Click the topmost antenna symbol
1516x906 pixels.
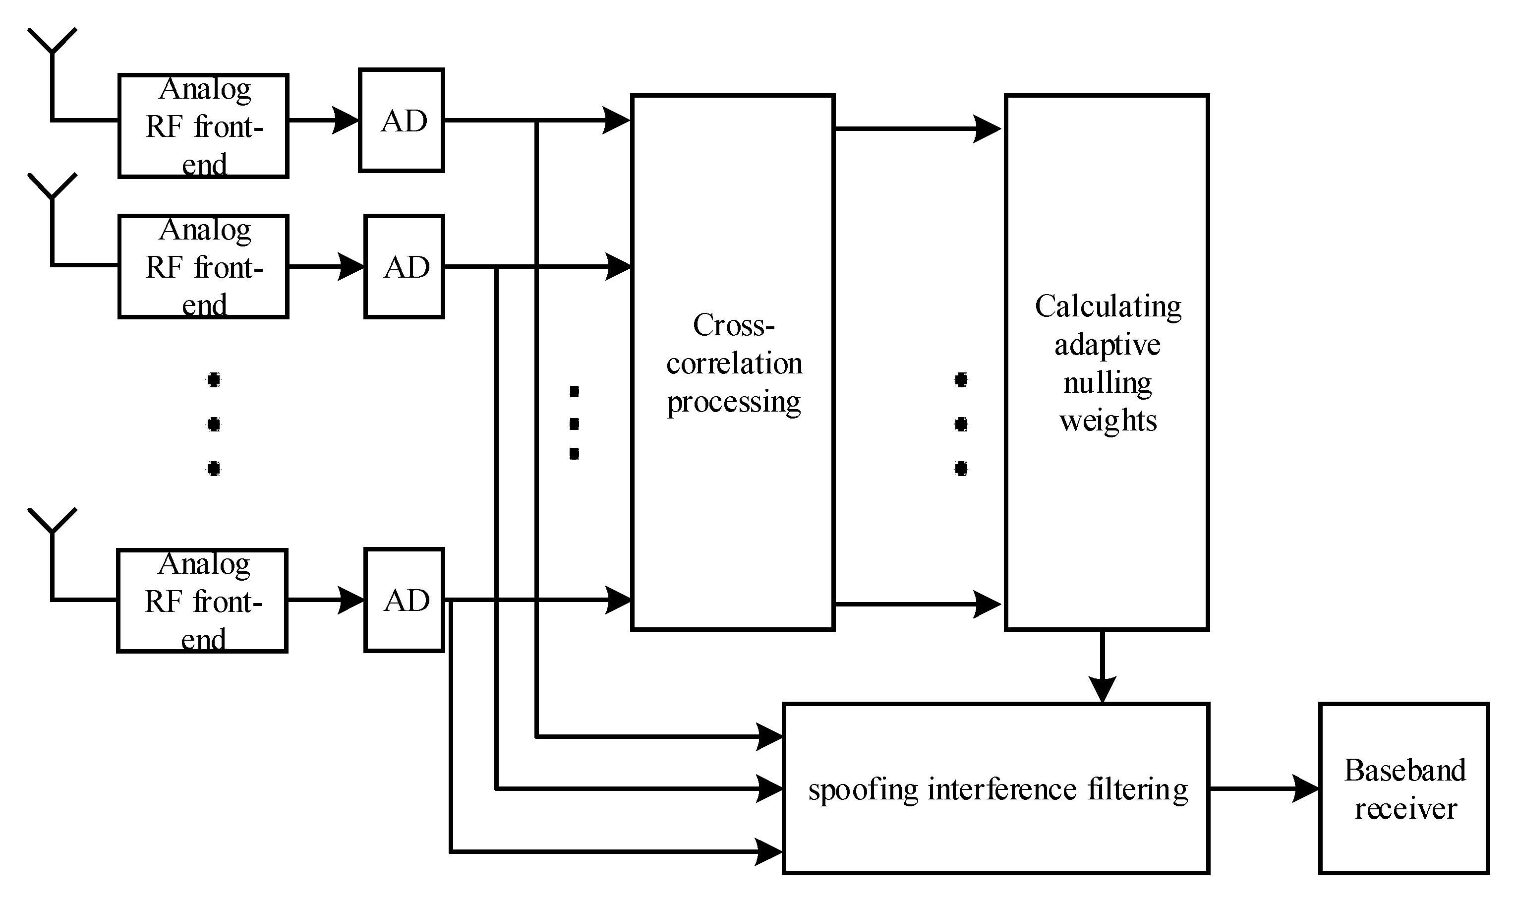tap(53, 43)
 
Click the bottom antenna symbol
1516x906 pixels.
tap(53, 523)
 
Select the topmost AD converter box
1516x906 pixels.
tap(401, 121)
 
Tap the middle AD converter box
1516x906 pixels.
tap(404, 266)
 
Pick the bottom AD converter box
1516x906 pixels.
tap(404, 600)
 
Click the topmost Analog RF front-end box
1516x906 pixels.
tap(203, 126)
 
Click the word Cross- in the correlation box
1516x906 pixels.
tap(734, 325)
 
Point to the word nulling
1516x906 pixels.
tap(1107, 383)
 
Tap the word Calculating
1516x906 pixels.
tap(1108, 306)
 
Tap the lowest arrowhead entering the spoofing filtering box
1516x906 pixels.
tap(769, 851)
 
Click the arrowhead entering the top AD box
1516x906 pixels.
tap(346, 121)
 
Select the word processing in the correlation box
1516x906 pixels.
tap(734, 402)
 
